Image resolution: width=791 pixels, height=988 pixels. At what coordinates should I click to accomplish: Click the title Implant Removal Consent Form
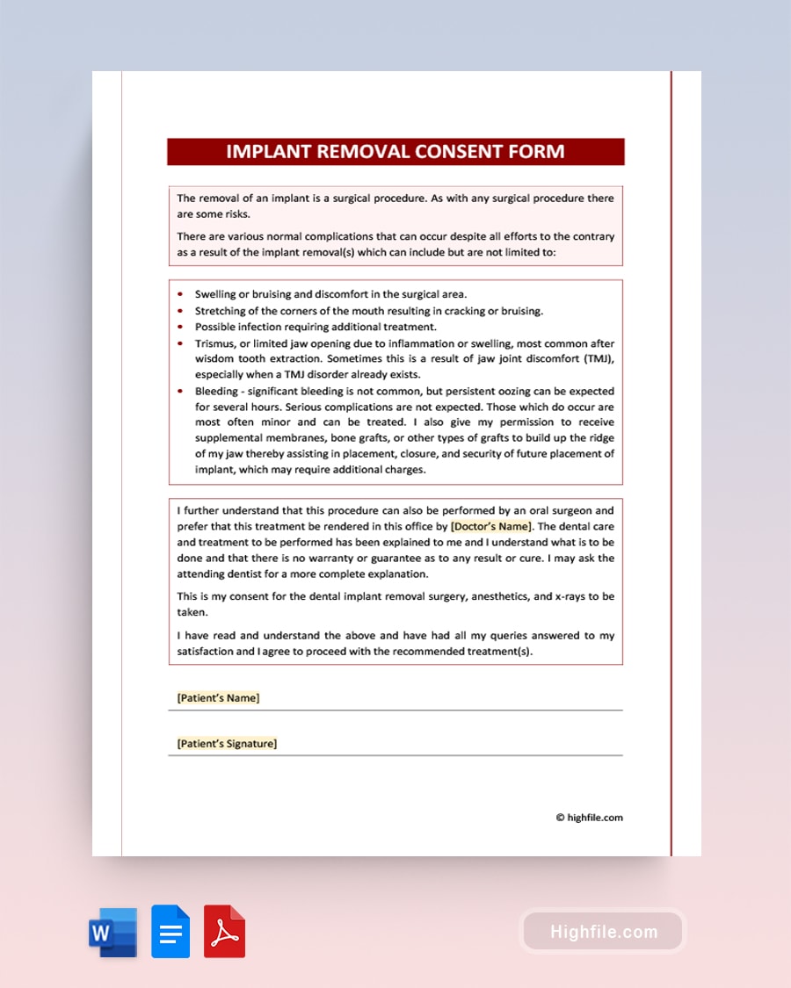tap(395, 152)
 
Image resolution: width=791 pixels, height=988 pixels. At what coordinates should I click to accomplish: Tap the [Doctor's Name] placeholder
tap(490, 526)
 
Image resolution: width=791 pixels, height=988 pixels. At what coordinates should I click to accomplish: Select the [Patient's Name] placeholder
tap(218, 698)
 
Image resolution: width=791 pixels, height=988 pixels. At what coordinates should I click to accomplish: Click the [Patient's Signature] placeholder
tap(227, 744)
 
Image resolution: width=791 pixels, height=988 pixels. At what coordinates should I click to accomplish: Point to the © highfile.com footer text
tap(589, 818)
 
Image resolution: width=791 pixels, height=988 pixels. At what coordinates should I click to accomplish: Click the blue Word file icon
tap(112, 932)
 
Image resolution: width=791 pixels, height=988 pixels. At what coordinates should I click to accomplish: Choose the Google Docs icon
tap(171, 932)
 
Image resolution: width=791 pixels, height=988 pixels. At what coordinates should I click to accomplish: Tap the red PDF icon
tap(224, 932)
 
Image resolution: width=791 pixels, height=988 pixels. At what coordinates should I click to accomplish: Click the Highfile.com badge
tap(603, 932)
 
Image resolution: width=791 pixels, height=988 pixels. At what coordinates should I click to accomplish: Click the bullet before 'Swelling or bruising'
tap(180, 295)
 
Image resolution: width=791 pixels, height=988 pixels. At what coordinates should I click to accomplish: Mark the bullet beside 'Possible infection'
tap(180, 327)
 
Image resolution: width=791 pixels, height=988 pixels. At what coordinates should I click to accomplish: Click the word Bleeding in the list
tap(216, 391)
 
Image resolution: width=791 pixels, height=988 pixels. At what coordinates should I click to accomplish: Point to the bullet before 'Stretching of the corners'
tap(180, 311)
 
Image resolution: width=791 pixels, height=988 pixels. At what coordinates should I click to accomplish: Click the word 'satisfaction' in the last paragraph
tap(208, 652)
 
